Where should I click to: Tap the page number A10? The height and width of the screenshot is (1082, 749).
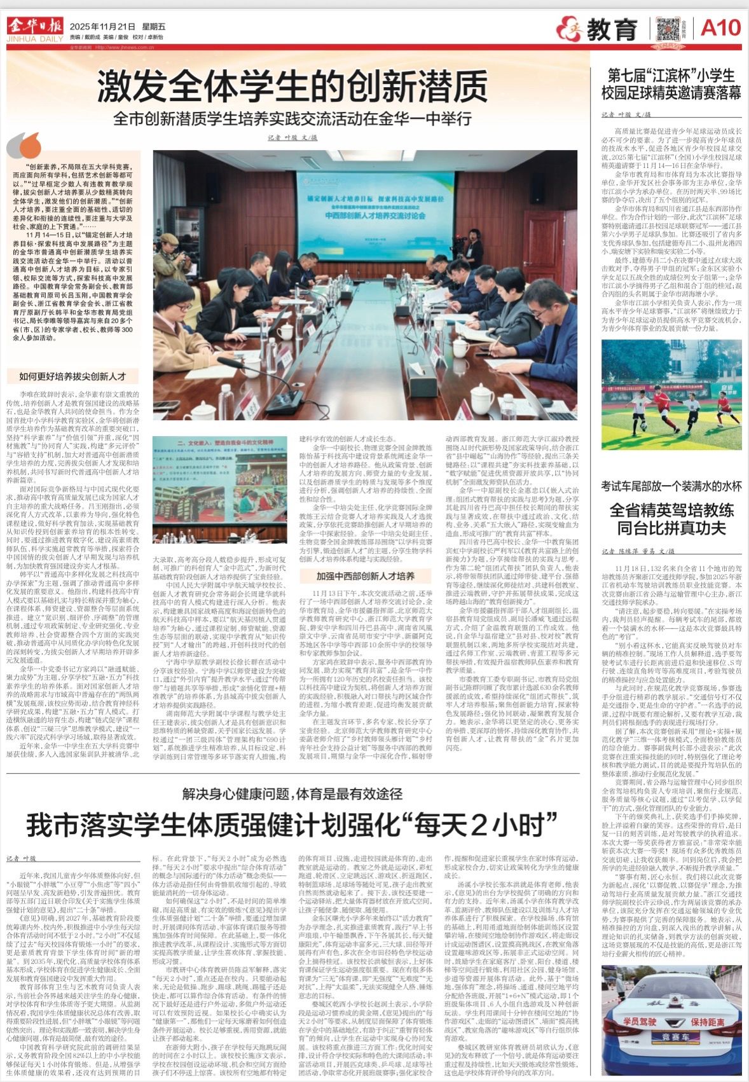click(x=720, y=28)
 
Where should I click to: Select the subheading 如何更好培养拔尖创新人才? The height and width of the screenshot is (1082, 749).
click(x=72, y=376)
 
